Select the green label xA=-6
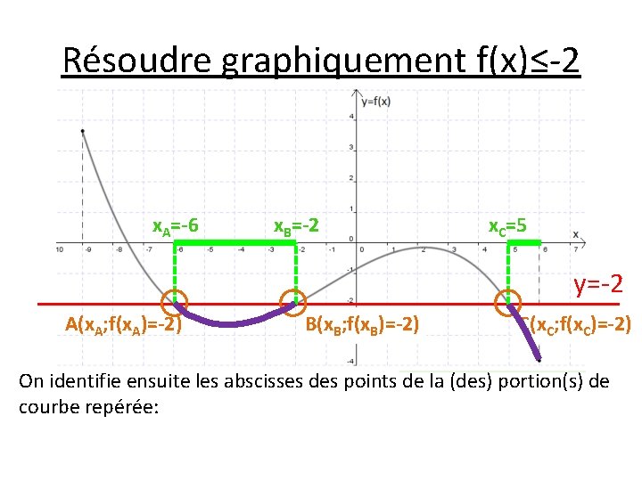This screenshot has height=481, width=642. point(175,226)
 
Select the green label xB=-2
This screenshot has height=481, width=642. point(295,226)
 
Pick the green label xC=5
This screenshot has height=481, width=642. point(508,226)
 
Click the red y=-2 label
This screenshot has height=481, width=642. point(597,285)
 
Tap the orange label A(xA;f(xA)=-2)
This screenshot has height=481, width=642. point(124,323)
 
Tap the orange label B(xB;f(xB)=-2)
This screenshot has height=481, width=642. point(363,323)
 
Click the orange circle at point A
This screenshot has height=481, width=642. point(175,301)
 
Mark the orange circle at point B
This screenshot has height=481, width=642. point(292,301)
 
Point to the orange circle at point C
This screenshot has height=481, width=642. point(509,301)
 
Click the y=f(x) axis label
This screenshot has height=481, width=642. point(375,102)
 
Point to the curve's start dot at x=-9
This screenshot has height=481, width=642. point(83,132)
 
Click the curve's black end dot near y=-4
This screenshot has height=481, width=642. point(539,360)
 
